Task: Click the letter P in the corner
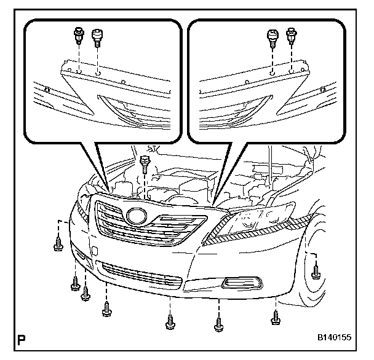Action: coord(22,338)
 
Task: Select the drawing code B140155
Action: coord(334,338)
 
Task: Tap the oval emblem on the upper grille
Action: coord(136,216)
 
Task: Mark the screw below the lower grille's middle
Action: coord(169,321)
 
